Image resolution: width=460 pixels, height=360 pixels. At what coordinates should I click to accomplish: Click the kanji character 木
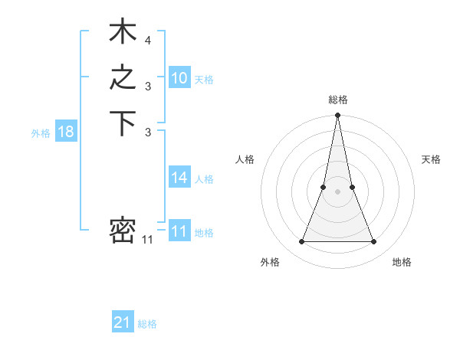point(123,34)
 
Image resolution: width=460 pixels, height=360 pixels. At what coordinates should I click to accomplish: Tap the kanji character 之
point(123,79)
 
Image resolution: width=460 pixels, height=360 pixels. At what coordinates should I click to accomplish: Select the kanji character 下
point(123,124)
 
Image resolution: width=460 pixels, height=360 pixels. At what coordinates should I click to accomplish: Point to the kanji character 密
point(123,231)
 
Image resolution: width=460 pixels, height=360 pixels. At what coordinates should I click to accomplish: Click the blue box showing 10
point(179,78)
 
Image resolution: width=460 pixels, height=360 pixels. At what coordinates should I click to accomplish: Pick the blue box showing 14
point(179,178)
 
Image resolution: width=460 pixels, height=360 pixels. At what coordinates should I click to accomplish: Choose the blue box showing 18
point(66,132)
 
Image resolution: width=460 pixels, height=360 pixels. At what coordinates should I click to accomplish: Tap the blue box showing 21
point(123,323)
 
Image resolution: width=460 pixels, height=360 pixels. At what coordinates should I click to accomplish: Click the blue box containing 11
point(179,232)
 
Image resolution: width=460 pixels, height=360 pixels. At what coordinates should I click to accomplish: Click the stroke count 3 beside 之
point(148,87)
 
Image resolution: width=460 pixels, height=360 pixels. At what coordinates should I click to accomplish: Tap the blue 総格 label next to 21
point(147,324)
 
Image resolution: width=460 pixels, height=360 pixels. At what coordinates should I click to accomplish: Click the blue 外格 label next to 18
point(41,133)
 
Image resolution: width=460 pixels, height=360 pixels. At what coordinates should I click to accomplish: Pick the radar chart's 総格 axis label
point(337,100)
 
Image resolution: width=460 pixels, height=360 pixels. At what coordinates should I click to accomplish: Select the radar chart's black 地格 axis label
point(402,262)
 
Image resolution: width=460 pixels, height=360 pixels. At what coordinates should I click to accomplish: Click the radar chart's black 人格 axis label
point(245,159)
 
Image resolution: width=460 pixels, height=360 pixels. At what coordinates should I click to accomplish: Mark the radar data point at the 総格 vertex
point(337,116)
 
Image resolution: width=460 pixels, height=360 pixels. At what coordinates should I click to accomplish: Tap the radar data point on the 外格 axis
point(301,242)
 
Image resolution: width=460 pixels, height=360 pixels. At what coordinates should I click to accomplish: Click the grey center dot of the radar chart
point(337,191)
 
